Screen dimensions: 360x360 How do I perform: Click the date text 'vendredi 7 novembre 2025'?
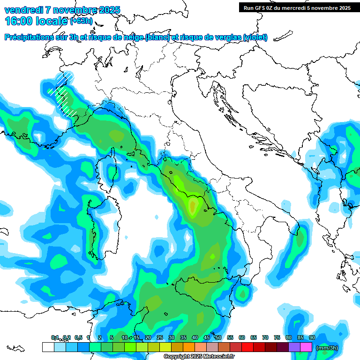tap(62, 10)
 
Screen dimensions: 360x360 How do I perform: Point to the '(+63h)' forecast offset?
tap(81, 21)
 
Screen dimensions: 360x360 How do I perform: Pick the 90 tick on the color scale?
tap(312, 337)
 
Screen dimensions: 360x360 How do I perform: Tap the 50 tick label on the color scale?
tap(218, 337)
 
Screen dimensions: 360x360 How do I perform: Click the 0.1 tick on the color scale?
tap(55, 337)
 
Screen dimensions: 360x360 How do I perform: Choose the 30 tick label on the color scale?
tap(171, 337)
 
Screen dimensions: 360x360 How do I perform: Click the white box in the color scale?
tap(48, 347)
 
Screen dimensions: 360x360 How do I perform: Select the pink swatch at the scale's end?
tap(306, 347)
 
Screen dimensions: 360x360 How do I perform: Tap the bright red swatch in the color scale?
tap(247, 347)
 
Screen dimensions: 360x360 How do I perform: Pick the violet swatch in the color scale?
tap(294, 347)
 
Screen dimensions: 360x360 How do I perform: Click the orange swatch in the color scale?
tap(189, 347)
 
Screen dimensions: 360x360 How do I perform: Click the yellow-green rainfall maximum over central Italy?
tap(192, 205)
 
